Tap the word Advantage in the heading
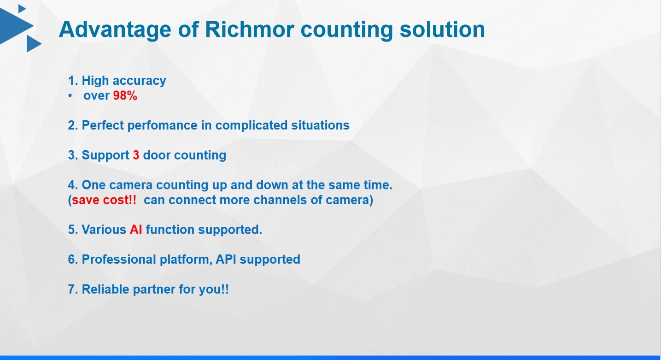point(115,30)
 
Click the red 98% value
point(125,96)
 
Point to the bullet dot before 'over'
point(70,96)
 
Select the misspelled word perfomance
point(162,125)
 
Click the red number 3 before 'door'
point(136,155)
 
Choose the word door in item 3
point(157,155)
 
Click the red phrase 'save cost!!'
point(104,200)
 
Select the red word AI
point(136,230)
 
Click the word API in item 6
point(226,260)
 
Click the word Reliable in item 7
point(105,289)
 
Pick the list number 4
point(72,185)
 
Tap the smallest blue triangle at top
point(22,9)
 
